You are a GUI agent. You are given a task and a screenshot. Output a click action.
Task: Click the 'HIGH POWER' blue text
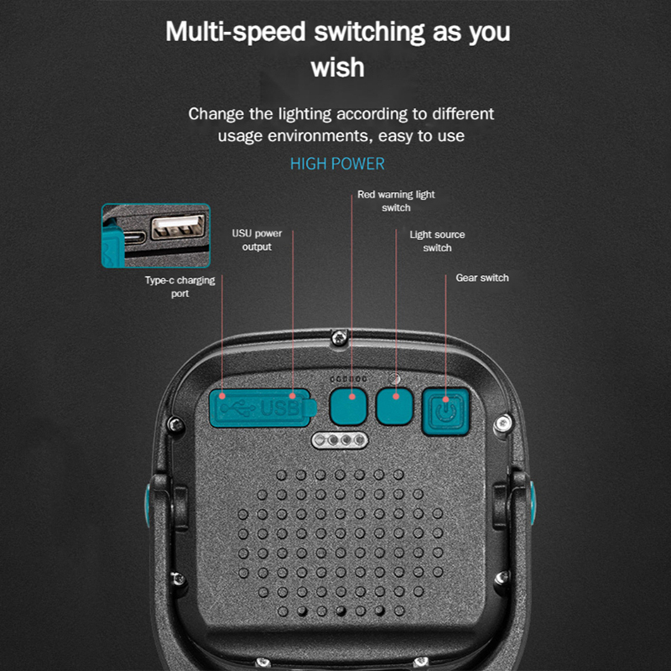coord(337,164)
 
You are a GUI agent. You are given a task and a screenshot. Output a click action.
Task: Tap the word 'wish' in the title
coord(338,68)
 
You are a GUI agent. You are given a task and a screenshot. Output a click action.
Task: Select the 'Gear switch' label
coord(482,278)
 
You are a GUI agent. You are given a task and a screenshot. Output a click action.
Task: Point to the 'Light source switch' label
coord(437,241)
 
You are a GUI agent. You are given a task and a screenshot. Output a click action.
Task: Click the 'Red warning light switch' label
coord(396,200)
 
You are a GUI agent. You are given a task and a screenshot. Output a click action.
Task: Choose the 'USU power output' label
coord(257,240)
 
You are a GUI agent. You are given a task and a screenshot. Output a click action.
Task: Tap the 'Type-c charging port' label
coord(179,286)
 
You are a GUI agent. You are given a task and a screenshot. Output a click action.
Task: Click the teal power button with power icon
coord(445,411)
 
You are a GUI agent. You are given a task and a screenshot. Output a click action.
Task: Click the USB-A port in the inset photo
coord(178,226)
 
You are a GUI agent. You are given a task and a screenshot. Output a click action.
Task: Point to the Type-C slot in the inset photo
coord(135,239)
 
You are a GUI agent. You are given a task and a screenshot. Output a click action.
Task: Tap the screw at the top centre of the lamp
coord(340,338)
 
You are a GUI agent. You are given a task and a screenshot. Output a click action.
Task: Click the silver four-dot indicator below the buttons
coord(340,440)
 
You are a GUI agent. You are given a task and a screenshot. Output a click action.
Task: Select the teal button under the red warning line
coord(348,406)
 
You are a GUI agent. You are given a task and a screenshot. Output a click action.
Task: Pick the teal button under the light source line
coord(394,406)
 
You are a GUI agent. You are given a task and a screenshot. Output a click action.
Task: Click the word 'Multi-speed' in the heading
coord(236,32)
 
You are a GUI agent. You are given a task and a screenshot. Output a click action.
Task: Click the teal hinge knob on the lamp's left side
coord(148,505)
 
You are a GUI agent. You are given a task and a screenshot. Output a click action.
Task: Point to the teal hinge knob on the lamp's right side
coord(533,502)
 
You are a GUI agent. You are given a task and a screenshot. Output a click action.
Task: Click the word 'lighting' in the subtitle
coord(304,114)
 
